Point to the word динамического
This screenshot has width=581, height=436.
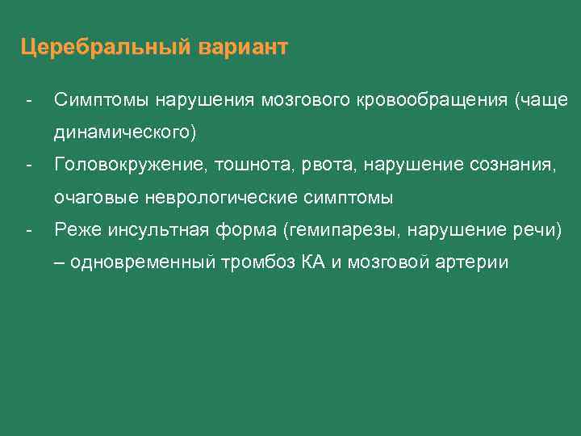(124, 132)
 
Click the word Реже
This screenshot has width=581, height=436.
(73, 231)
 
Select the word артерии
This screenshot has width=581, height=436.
(477, 263)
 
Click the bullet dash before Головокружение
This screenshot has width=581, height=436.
(28, 165)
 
